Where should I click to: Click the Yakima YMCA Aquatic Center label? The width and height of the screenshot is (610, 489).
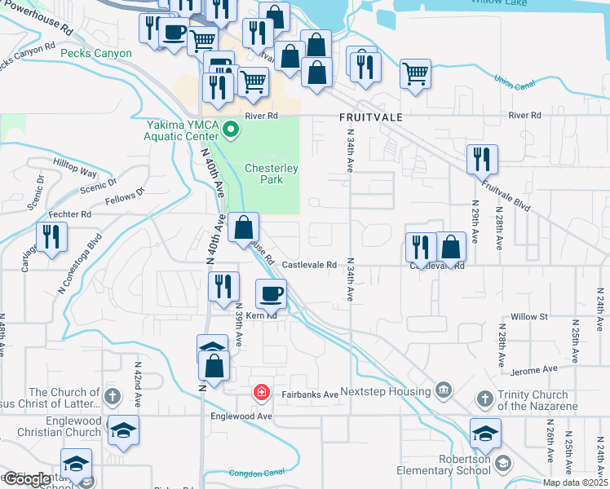pyautogui.click(x=183, y=130)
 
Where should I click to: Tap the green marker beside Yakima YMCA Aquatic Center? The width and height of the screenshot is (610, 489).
pyautogui.click(x=231, y=129)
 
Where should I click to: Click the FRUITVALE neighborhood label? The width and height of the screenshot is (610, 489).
pyautogui.click(x=371, y=117)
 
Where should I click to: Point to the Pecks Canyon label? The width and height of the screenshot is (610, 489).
pyautogui.click(x=96, y=54)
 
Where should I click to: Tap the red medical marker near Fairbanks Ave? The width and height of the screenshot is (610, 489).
pyautogui.click(x=261, y=394)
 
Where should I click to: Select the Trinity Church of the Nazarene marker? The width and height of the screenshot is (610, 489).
pyautogui.click(x=484, y=398)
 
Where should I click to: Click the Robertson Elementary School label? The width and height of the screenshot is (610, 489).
pyautogui.click(x=443, y=465)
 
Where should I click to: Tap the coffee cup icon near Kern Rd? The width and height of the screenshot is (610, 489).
pyautogui.click(x=272, y=292)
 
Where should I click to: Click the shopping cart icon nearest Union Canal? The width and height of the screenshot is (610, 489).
pyautogui.click(x=415, y=74)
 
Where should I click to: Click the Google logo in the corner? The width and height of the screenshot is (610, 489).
pyautogui.click(x=27, y=479)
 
